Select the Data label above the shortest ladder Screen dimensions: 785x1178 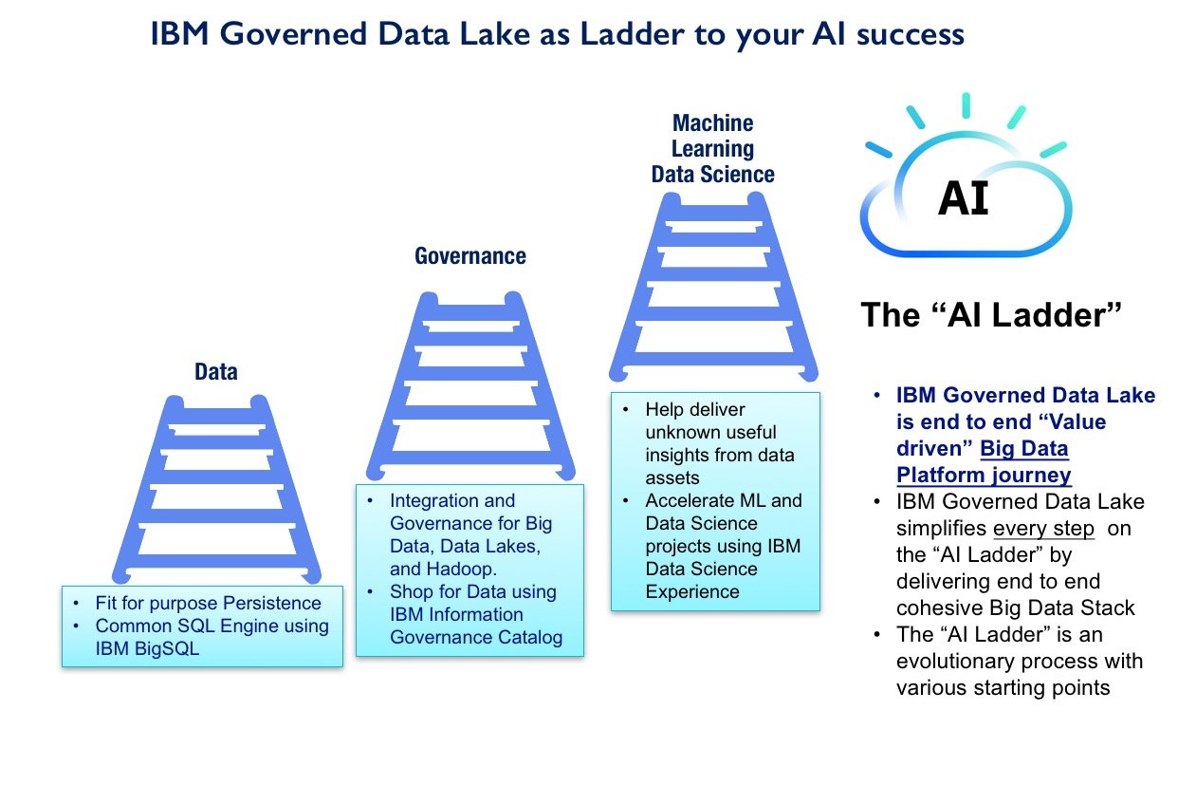[x=216, y=372]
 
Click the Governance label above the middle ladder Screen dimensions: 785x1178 [x=470, y=256]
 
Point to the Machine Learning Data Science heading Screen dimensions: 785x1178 [x=712, y=149]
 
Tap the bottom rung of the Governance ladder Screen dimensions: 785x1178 [x=471, y=416]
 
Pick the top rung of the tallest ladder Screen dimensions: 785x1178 [x=713, y=225]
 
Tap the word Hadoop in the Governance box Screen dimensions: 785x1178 [x=447, y=569]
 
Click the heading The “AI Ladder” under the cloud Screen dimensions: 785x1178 [x=991, y=315]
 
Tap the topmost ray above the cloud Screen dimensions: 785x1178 [x=966, y=105]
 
